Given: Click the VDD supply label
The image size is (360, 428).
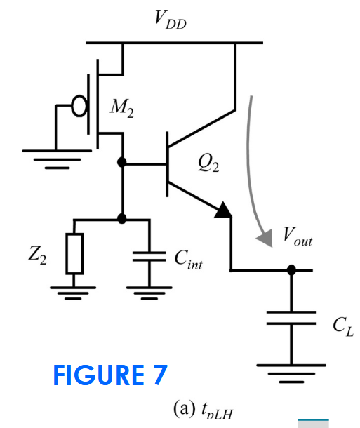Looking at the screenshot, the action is (x=171, y=20).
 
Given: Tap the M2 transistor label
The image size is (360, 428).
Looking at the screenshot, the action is (x=122, y=108).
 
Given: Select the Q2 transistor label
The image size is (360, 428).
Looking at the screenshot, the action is (x=208, y=163).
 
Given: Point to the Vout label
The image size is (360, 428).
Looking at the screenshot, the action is (x=298, y=237).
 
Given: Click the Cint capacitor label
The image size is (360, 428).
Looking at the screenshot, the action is (x=188, y=260).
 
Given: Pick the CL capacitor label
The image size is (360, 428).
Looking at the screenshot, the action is (x=343, y=326).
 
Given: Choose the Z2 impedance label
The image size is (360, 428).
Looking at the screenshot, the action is (x=37, y=255).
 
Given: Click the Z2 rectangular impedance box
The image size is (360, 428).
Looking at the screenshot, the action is (x=74, y=253).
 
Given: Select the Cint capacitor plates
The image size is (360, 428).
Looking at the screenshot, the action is (x=149, y=257).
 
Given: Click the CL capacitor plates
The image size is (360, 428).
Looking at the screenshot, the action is (x=291, y=318).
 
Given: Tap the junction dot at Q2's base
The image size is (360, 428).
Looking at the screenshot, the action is (x=121, y=162).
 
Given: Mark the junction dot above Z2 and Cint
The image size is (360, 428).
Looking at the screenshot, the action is (x=121, y=219).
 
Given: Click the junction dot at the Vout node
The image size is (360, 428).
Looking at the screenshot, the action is (x=291, y=270).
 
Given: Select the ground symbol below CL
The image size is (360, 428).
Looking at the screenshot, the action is (x=291, y=373).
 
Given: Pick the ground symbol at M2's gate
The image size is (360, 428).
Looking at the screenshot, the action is (x=57, y=159).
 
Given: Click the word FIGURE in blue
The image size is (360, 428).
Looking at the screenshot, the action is (x=98, y=375).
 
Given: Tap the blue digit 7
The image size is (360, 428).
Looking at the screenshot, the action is (x=160, y=375).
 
